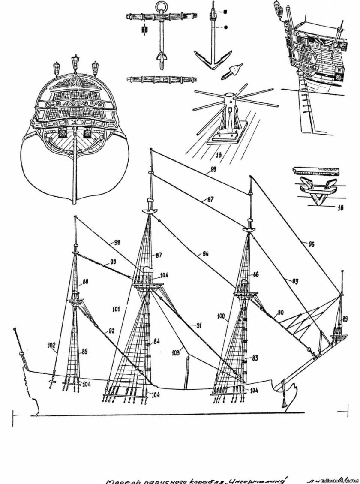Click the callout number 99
point(210,171)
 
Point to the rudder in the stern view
point(75,171)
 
